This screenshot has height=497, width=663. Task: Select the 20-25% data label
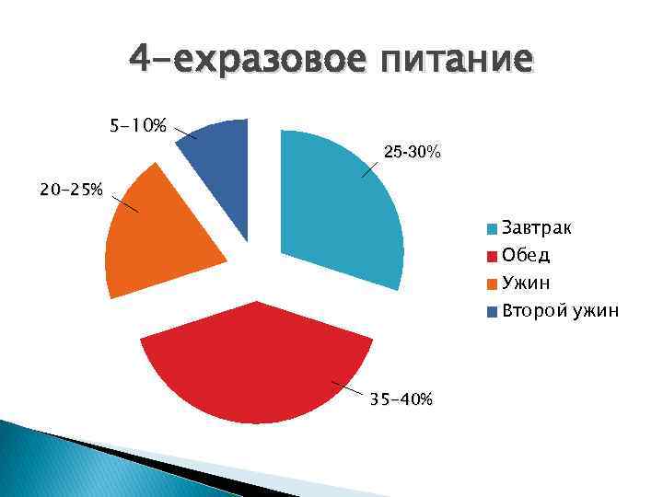click(71, 191)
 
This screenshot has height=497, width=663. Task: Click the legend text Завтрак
click(536, 227)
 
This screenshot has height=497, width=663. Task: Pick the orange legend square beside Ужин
click(493, 283)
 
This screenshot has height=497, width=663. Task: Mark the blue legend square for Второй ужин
click(493, 311)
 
